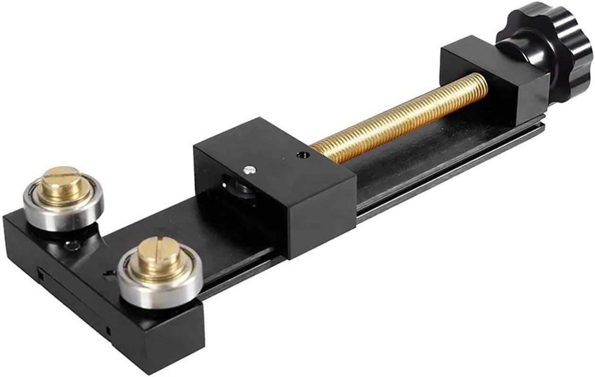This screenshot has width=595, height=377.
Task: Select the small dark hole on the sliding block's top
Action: pyautogui.click(x=301, y=154)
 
